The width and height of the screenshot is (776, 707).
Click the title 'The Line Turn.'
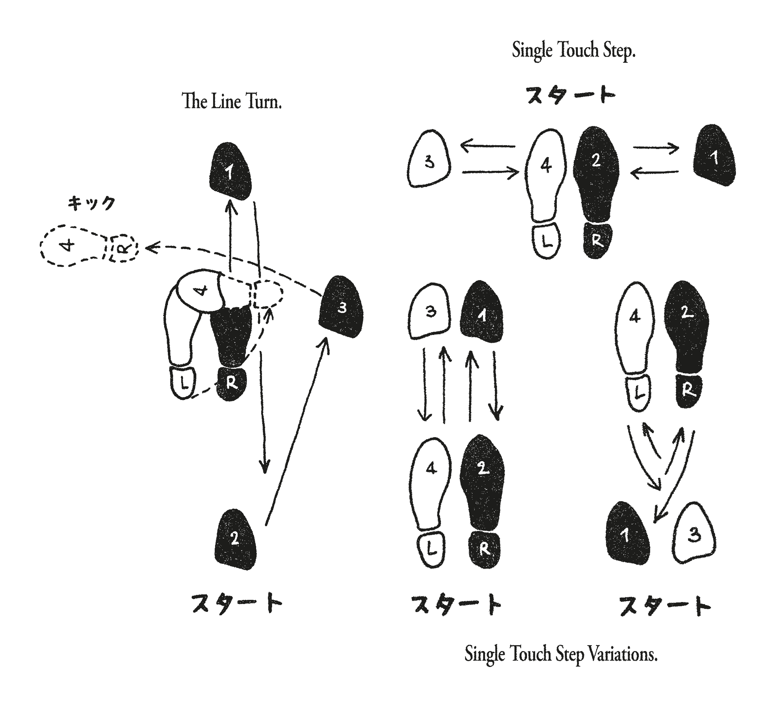[232, 102]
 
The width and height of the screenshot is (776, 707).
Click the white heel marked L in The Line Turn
[183, 383]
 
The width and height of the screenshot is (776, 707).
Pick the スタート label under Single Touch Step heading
[570, 95]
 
